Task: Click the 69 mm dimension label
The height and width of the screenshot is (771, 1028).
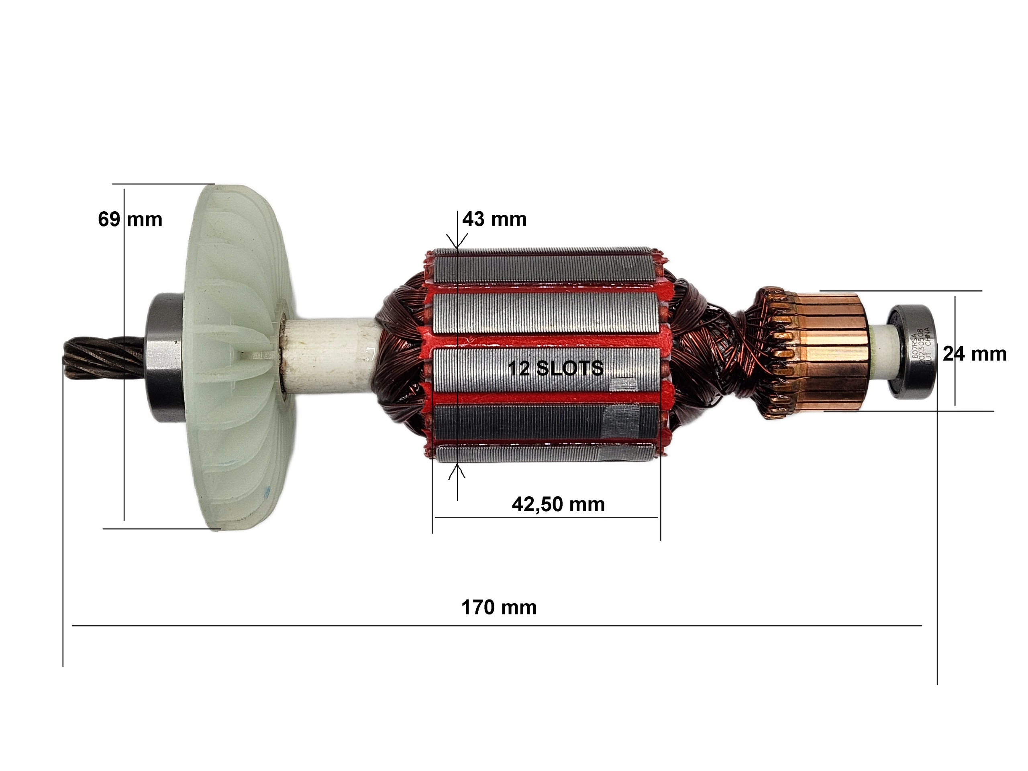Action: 130,219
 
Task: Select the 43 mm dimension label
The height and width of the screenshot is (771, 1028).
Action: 494,219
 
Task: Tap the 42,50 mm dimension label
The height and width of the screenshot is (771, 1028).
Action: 558,504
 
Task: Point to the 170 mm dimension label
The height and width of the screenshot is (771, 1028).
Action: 499,608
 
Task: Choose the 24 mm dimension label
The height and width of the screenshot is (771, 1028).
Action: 975,354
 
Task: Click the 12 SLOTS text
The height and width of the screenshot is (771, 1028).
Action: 555,369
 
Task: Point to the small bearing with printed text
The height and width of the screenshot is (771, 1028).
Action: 912,352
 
